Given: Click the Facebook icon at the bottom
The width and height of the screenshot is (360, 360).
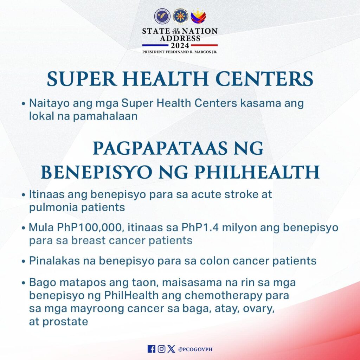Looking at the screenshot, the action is coord(151,349).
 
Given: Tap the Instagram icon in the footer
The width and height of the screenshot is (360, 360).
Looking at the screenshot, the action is coord(161,349).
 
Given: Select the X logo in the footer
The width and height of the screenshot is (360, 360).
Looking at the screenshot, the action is coord(171,349).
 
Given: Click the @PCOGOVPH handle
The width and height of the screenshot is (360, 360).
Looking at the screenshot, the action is coord(195,349).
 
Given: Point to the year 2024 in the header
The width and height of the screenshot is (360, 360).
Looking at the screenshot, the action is coord(180,45).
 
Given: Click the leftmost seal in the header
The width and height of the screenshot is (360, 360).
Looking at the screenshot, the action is coord(162,16).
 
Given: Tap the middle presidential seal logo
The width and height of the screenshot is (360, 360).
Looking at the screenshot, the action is coord(180,17).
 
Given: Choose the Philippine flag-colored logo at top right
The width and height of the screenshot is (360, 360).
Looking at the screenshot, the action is coord(198,15).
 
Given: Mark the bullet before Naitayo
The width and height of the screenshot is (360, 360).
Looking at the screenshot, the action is coord(23,104).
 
